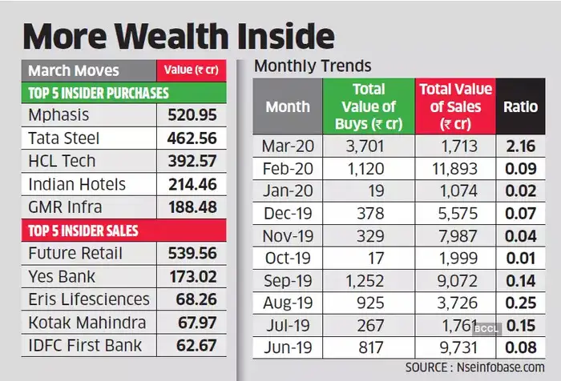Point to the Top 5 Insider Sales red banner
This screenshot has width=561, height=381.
[x=84, y=231]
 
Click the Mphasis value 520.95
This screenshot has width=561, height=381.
[x=192, y=115]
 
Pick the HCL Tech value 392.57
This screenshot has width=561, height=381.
[x=192, y=161]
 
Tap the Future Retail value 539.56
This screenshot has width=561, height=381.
[x=192, y=253]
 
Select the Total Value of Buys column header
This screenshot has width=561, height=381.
[x=368, y=106]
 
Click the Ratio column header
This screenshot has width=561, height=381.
[x=521, y=106]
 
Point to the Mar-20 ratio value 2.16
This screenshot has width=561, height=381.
[x=521, y=147]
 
